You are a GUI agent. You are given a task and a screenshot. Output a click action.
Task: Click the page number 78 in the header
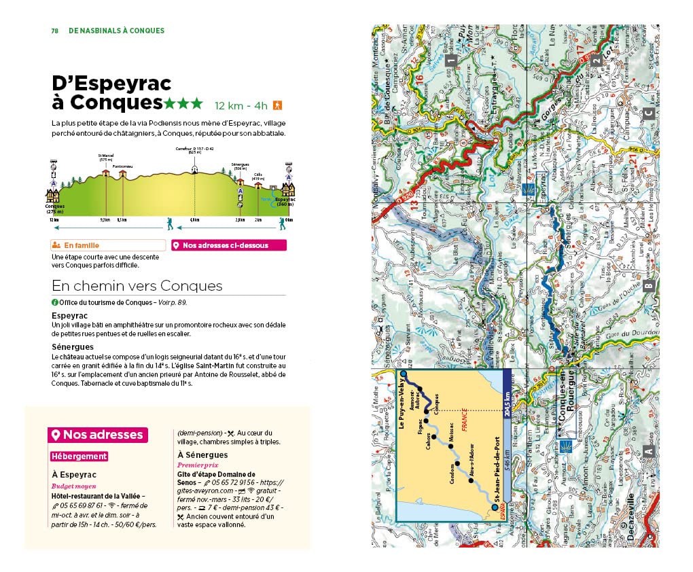click(x=55, y=31)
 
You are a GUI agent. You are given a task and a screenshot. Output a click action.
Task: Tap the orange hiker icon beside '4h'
click(x=277, y=105)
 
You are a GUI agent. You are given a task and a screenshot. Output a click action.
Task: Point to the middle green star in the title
click(x=183, y=103)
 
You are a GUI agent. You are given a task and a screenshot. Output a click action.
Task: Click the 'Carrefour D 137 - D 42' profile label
click(x=194, y=150)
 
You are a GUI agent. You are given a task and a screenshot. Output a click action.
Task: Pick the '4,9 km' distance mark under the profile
click(x=194, y=220)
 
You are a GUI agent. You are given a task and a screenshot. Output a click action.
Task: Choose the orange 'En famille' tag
click(x=108, y=246)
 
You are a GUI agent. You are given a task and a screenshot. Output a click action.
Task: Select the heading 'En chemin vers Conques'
click(x=137, y=286)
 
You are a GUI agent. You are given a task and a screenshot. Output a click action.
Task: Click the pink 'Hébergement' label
click(x=79, y=457)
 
